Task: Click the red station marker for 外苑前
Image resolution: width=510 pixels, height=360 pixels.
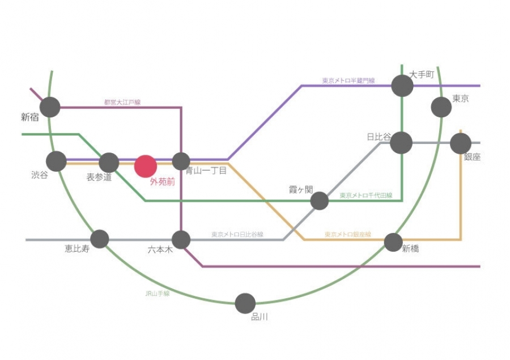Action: tap(145, 166)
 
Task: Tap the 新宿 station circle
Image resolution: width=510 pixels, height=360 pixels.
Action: tap(50, 107)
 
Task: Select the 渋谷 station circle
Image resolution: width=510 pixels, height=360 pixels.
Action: tap(56, 161)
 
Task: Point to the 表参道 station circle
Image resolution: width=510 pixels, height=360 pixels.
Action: tap(109, 163)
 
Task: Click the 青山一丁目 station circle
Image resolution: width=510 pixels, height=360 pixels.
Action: tap(181, 162)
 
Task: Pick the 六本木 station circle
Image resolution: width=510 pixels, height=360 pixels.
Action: tap(181, 240)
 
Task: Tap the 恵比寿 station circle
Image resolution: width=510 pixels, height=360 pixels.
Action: tap(100, 239)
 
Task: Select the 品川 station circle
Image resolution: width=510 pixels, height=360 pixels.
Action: tap(245, 303)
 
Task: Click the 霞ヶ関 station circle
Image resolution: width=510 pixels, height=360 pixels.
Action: tap(320, 201)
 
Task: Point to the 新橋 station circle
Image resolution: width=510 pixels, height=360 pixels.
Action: tap(393, 242)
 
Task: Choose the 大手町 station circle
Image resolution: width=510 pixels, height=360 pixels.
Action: tap(402, 86)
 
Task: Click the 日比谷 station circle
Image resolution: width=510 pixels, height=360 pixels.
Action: tap(401, 143)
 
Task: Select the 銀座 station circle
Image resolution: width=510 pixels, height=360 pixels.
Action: tap(461, 143)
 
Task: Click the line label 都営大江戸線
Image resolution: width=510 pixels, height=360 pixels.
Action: tap(122, 103)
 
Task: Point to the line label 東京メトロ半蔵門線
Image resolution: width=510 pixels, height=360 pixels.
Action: tap(348, 81)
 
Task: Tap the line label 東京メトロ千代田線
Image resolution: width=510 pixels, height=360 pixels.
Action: tap(366, 196)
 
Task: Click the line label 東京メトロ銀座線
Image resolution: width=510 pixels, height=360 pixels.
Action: tap(347, 234)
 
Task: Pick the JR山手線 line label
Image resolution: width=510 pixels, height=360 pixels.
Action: tap(157, 294)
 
